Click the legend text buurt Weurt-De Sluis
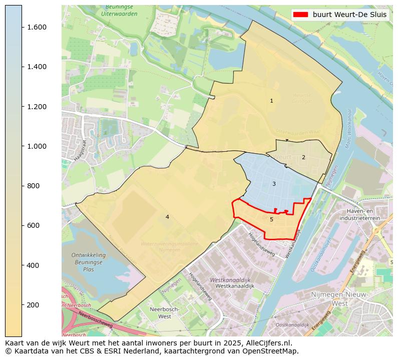[349, 15]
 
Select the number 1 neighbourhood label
[271, 101]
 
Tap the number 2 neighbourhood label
[303, 157]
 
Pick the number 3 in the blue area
[274, 184]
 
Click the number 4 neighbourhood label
[167, 217]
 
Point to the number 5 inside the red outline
[271, 219]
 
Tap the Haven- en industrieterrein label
[359, 215]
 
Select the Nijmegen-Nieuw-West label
[340, 299]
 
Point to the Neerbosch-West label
[161, 313]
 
